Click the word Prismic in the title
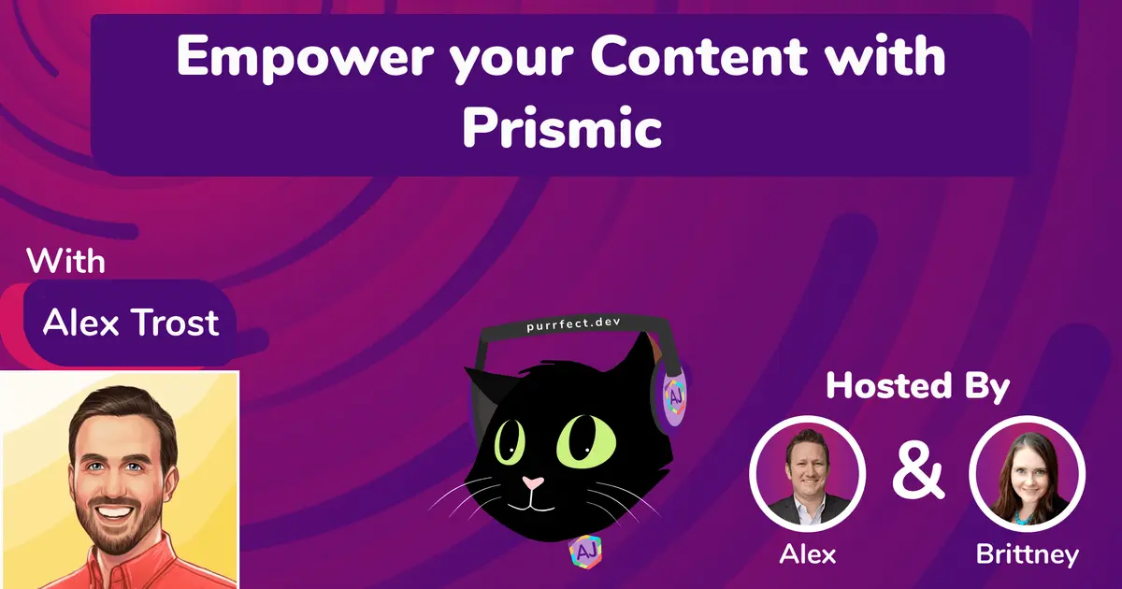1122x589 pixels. coord(562,129)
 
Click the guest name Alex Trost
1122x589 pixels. coord(131,322)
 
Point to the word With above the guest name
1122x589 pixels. coord(66,259)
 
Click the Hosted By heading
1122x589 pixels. coord(917,386)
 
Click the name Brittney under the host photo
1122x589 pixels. coord(1027,554)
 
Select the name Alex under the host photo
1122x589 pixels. coord(808,554)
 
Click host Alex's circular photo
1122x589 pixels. coord(808,473)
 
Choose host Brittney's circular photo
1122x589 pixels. coord(1027,473)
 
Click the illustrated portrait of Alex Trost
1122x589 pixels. coord(120,480)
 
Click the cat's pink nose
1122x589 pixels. coord(533,483)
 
